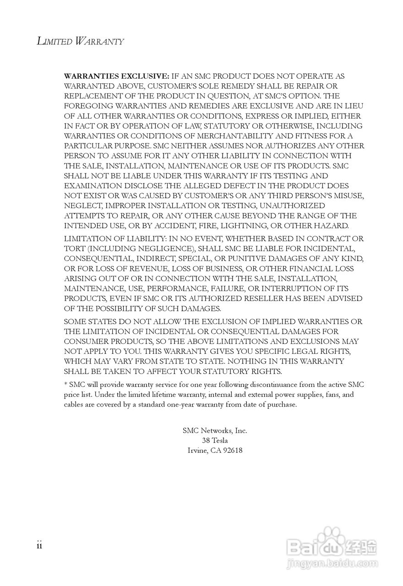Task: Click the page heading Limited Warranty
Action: coord(80,41)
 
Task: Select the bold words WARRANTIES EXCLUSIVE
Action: coord(117,76)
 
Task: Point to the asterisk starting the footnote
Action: coord(65,384)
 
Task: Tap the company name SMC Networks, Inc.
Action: coord(215,430)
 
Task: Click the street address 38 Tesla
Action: coord(215,440)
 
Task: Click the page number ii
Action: coord(39,545)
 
